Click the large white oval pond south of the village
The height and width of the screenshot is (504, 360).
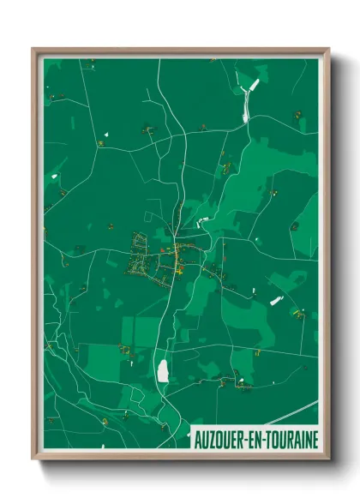point(162,370)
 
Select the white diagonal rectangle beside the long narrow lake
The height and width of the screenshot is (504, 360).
point(253,85)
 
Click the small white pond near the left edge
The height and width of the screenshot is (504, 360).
point(56,176)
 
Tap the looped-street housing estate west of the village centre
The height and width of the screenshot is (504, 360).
point(141,255)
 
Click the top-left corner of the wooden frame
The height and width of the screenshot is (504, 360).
point(33,50)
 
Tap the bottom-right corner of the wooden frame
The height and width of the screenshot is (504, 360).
point(328,459)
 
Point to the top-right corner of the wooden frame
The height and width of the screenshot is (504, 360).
point(328,50)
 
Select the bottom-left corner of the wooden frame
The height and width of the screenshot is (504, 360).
point(33,459)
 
